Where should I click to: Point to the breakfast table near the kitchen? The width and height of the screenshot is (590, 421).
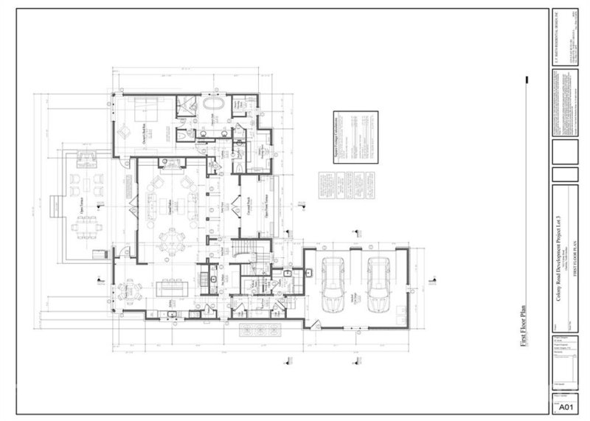pos(131,290)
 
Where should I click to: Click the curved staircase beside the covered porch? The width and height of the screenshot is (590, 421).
pos(243,249)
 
